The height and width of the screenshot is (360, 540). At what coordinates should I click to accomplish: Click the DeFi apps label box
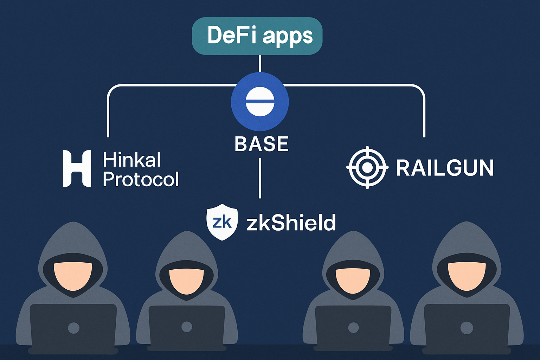[257, 36]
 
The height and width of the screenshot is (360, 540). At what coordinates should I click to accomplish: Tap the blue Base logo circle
[260, 102]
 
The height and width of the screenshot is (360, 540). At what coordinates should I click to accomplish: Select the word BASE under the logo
[261, 144]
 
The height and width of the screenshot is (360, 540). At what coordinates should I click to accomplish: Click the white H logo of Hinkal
[77, 168]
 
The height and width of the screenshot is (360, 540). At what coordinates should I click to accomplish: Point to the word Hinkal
[131, 160]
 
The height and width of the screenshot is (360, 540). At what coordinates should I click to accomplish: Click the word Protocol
[141, 179]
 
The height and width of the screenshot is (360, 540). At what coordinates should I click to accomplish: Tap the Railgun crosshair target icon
[367, 167]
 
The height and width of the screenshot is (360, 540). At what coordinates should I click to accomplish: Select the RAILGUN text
[445, 168]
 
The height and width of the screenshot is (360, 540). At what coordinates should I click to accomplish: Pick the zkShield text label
[291, 223]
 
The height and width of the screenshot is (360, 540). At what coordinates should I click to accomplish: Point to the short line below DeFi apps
[260, 63]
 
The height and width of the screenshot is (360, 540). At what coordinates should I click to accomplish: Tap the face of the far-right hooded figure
[467, 276]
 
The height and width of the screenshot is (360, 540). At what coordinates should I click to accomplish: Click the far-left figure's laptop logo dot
[73, 328]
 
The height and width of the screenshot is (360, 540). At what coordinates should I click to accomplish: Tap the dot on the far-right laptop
[467, 328]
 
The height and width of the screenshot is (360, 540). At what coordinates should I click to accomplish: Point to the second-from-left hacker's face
[186, 281]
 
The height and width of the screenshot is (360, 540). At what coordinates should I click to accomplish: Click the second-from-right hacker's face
[353, 281]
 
